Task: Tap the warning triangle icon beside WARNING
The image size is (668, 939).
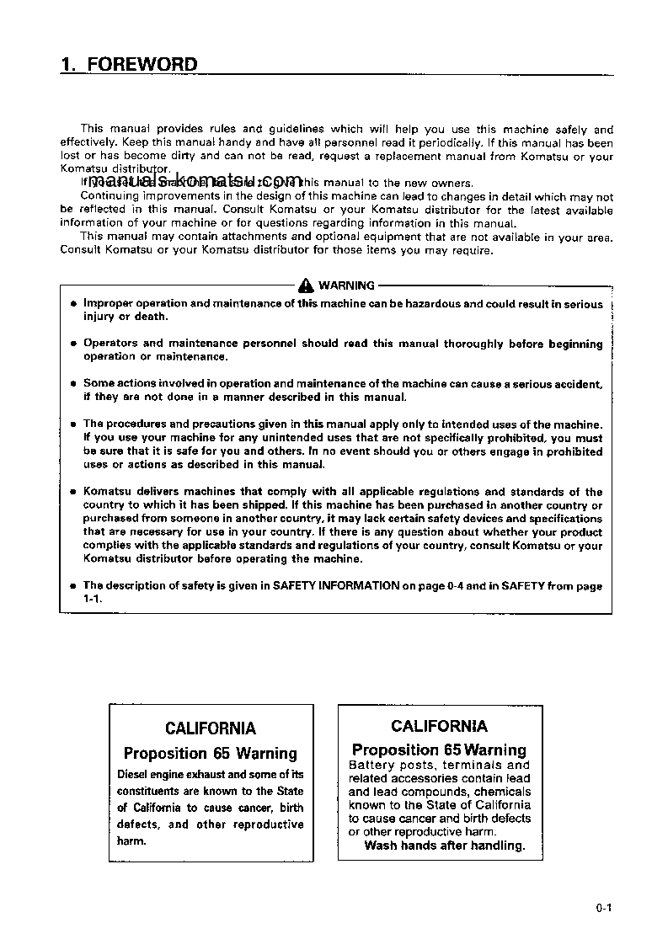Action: (x=306, y=285)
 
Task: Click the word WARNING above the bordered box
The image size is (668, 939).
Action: (x=346, y=285)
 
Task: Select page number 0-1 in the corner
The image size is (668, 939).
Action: (x=601, y=908)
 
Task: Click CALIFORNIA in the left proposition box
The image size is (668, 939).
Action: (x=211, y=728)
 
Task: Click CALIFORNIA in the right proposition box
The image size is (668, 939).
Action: (x=439, y=726)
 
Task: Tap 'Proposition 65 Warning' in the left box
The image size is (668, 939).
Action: (x=211, y=754)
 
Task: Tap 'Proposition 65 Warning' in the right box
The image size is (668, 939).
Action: (x=439, y=750)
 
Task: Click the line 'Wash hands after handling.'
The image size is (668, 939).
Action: (x=444, y=846)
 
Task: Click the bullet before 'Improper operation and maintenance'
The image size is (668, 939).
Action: (x=73, y=305)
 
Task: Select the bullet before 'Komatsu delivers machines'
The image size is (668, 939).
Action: (x=73, y=493)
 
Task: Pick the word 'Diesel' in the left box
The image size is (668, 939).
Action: (x=135, y=774)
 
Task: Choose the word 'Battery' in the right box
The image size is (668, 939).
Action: (x=371, y=765)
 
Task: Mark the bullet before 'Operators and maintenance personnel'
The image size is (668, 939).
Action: (x=73, y=344)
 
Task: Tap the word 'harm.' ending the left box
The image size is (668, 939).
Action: (x=131, y=840)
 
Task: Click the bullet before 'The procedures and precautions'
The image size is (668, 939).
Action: (x=73, y=424)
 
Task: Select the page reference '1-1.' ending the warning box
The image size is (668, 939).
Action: (x=92, y=598)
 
